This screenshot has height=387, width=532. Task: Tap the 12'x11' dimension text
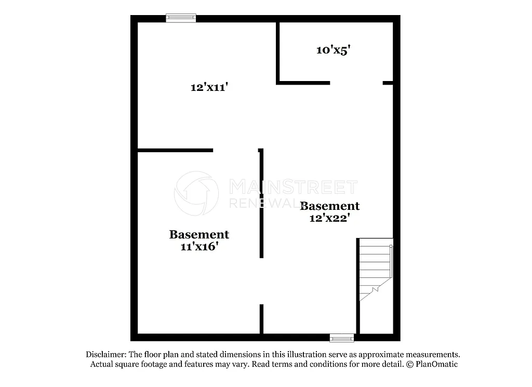(x=209, y=87)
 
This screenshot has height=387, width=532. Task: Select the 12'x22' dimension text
(x=329, y=218)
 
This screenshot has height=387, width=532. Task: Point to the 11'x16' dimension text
(x=199, y=247)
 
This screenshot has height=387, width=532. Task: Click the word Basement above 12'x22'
(x=330, y=206)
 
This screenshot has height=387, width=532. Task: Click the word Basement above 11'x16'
(x=199, y=235)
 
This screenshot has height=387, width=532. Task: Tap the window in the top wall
(x=181, y=18)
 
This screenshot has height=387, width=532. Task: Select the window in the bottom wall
(x=342, y=339)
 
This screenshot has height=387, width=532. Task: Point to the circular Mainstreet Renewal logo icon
(x=196, y=193)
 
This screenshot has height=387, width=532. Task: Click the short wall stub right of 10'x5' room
(x=388, y=83)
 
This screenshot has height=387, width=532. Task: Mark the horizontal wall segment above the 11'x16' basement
(x=175, y=150)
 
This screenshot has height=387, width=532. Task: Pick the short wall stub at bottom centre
(x=261, y=318)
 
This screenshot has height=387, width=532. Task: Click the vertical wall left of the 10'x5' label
(x=278, y=52)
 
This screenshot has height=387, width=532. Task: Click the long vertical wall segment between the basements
(x=261, y=203)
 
